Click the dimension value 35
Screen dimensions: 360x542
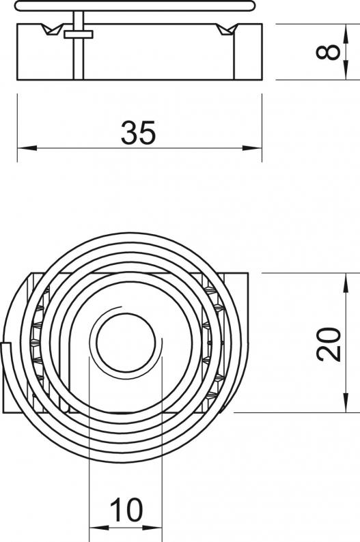(138, 132)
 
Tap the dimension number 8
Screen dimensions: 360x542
(328, 52)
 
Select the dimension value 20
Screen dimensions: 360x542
(329, 344)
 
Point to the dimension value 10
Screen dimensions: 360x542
(126, 510)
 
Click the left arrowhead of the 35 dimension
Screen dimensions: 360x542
(27, 148)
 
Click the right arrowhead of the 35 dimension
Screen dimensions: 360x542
(252, 148)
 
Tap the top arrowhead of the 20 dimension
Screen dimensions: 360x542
(345, 283)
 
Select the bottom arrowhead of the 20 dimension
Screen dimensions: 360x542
(345, 403)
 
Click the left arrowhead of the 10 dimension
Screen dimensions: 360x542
(99, 528)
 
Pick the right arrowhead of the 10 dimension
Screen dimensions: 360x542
(152, 528)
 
